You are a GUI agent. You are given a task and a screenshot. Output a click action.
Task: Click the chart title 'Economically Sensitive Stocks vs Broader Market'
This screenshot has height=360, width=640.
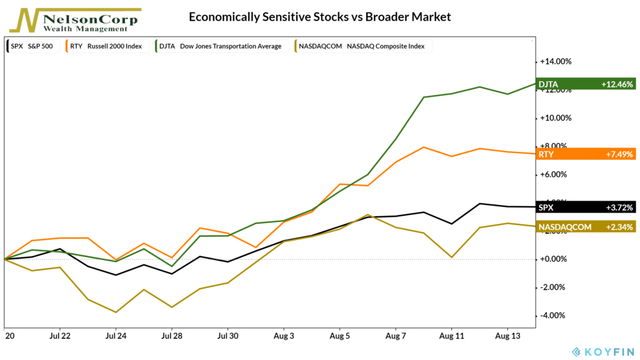click(x=320, y=17)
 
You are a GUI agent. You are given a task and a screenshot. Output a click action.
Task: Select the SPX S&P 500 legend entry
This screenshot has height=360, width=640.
click(x=31, y=46)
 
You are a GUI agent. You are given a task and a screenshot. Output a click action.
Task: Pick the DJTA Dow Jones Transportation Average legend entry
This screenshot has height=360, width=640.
click(x=219, y=46)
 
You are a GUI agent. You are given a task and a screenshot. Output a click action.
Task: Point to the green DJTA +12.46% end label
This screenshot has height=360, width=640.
click(x=586, y=84)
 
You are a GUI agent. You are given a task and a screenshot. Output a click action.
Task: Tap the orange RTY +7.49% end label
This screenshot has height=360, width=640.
click(x=586, y=154)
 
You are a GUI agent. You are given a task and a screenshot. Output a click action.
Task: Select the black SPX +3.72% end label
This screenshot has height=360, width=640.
click(x=586, y=207)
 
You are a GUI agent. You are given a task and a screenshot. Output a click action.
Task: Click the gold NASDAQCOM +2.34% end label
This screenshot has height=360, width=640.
click(x=586, y=226)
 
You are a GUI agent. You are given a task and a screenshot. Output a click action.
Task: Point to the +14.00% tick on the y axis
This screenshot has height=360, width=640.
click(x=555, y=61)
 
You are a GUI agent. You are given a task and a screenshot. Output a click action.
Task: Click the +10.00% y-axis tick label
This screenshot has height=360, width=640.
click(x=555, y=117)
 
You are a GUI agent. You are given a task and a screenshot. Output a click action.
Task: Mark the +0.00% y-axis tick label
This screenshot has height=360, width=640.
click(x=556, y=259)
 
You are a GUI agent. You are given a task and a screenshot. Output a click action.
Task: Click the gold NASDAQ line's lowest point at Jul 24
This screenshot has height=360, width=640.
click(x=116, y=312)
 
